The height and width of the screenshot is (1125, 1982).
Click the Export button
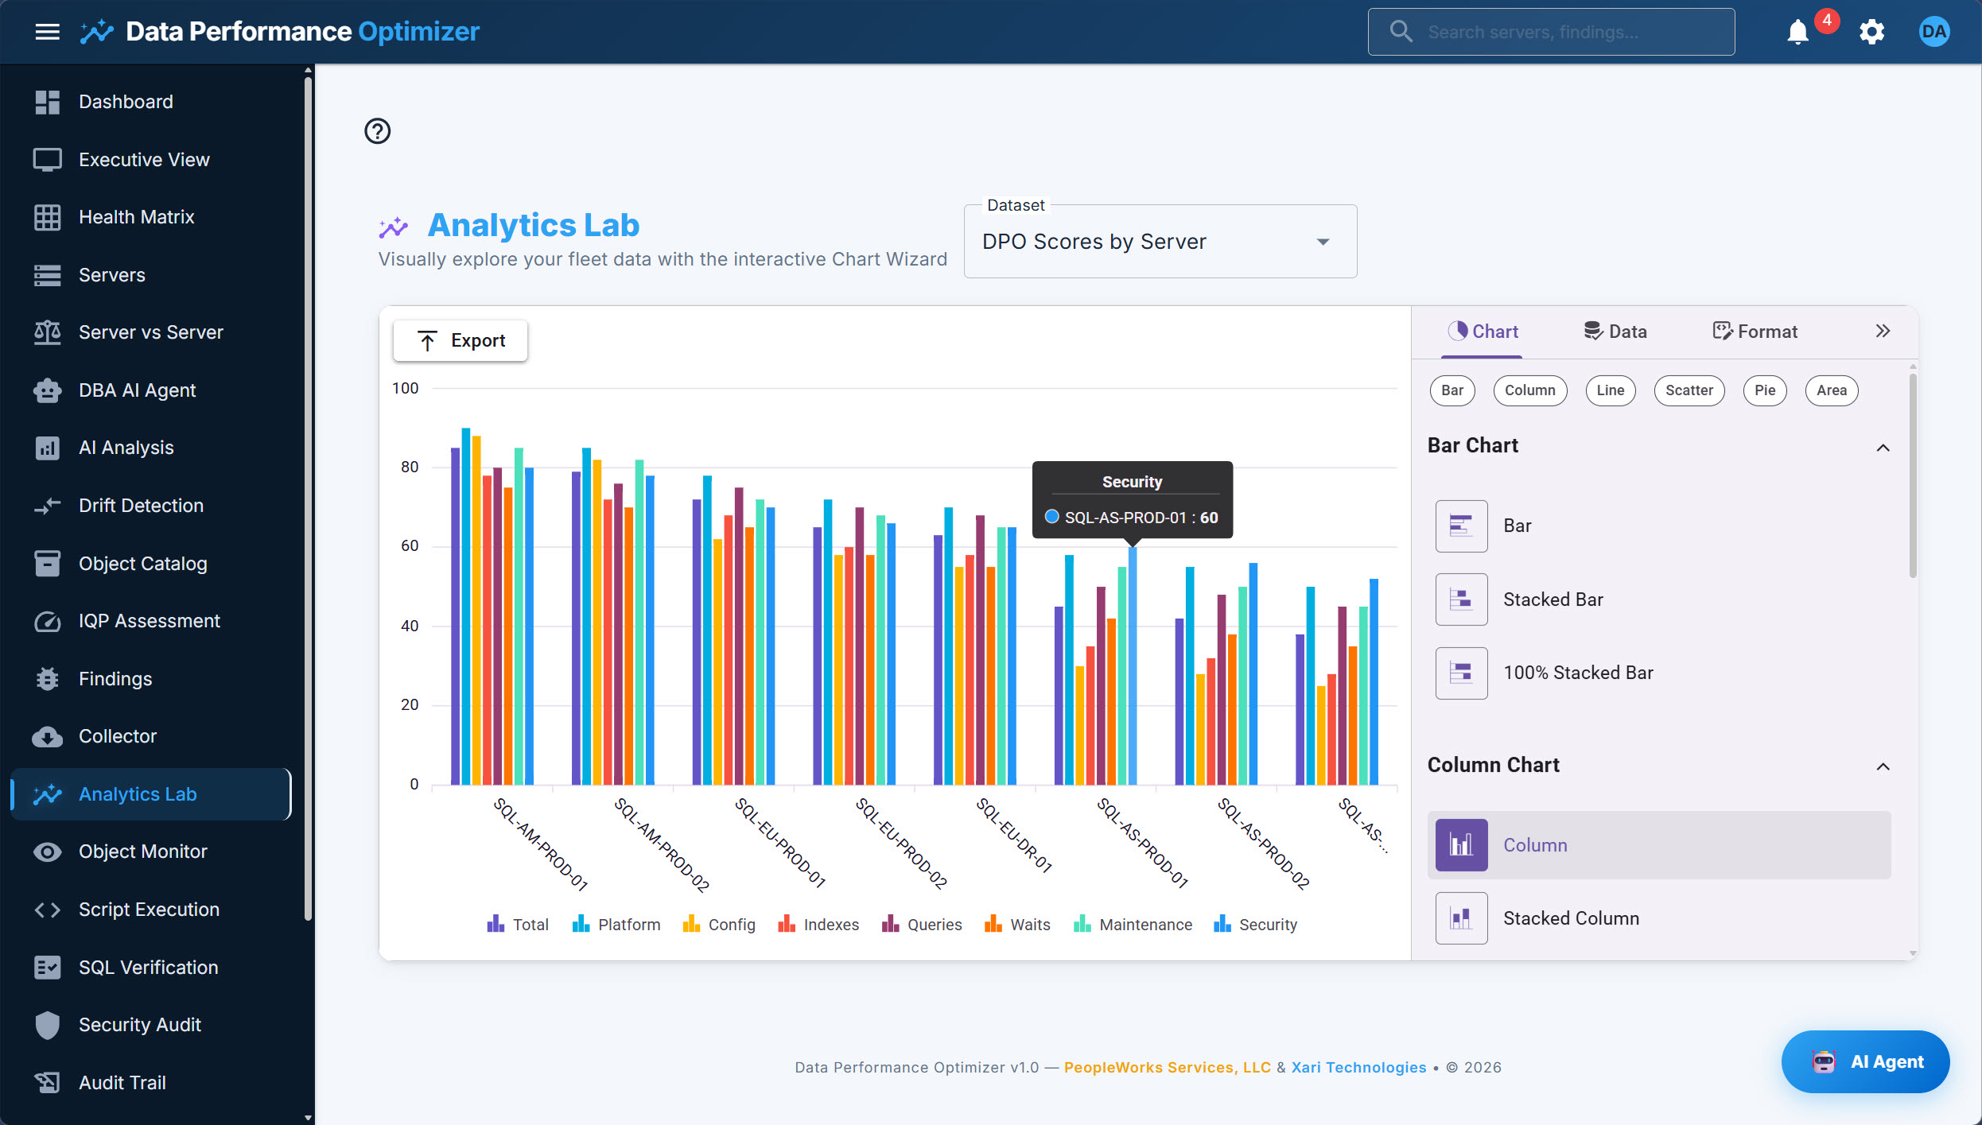(x=461, y=340)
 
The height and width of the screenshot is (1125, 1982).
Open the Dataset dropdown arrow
(x=1323, y=242)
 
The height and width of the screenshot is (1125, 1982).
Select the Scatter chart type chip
(x=1689, y=390)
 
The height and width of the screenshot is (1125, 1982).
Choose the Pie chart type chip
(x=1764, y=390)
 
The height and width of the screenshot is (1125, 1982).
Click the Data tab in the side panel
(x=1615, y=332)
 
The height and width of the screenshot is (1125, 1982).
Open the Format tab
(x=1755, y=332)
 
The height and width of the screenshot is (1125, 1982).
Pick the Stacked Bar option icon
(x=1461, y=599)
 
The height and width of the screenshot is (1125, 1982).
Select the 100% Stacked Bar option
(x=1577, y=673)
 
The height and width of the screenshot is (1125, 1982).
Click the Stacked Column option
(x=1570, y=918)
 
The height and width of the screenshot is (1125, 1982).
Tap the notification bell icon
(x=1797, y=32)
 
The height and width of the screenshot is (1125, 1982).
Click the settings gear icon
(x=1871, y=32)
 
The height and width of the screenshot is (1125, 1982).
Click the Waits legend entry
(x=1018, y=925)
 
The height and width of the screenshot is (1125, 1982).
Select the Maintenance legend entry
(x=1133, y=925)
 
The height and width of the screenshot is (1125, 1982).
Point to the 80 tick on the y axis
(x=410, y=467)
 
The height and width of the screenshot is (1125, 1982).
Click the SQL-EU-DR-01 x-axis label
(x=1015, y=835)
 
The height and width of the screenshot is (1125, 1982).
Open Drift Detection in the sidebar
(x=141, y=506)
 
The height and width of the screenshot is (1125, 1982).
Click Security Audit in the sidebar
(x=140, y=1025)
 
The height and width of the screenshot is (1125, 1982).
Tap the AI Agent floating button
(x=1865, y=1061)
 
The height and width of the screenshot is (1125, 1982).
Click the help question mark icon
(x=378, y=131)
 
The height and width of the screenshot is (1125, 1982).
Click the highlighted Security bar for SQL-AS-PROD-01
(x=1133, y=668)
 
